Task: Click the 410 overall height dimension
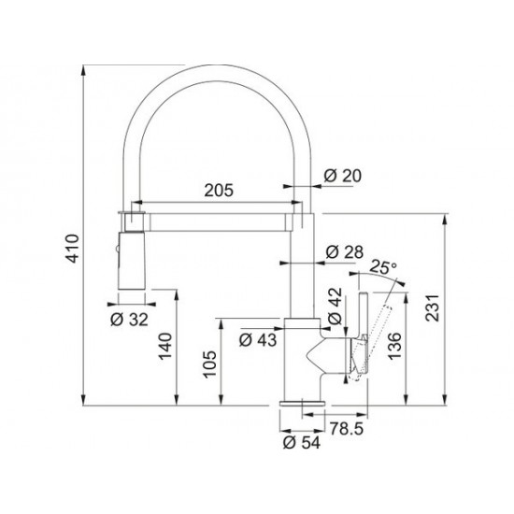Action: [x=73, y=249]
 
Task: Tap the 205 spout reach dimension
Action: [x=219, y=191]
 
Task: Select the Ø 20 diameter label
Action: [x=343, y=176]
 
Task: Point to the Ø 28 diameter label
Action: [x=345, y=252]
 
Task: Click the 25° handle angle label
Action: [x=383, y=267]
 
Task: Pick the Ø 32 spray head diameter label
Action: [x=129, y=319]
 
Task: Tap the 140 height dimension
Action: [x=165, y=346]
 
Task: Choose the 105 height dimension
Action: [x=209, y=364]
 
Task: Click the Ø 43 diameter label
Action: [x=258, y=340]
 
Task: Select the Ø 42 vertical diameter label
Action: [x=335, y=307]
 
